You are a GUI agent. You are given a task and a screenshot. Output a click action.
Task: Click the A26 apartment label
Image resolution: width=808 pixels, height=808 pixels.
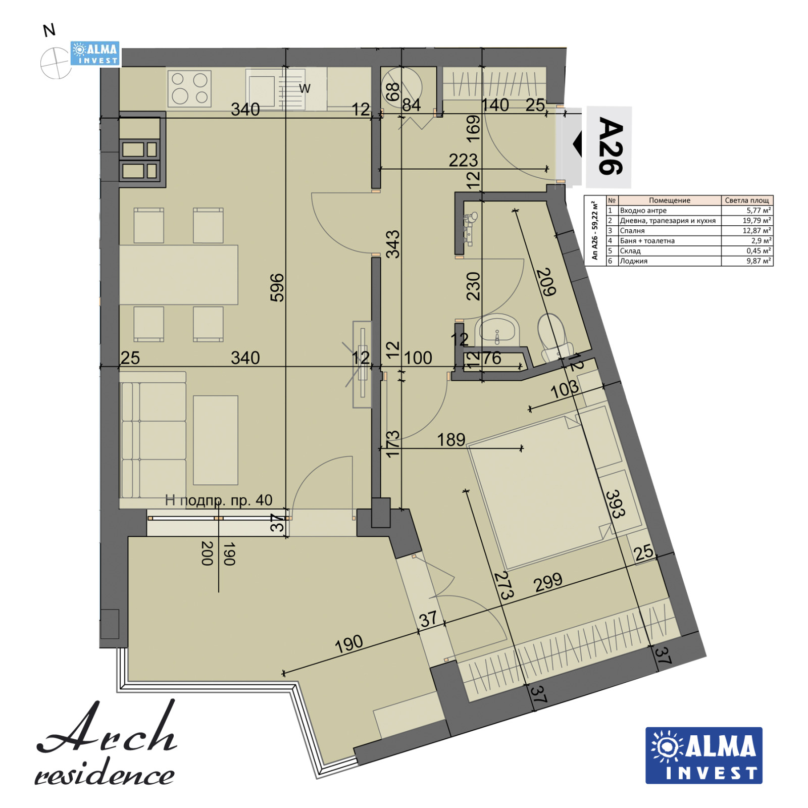(611, 146)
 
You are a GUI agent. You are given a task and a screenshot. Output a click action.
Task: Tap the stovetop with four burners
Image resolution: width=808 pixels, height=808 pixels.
(189, 88)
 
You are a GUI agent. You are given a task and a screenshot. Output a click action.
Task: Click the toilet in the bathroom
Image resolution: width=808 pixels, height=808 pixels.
(553, 336)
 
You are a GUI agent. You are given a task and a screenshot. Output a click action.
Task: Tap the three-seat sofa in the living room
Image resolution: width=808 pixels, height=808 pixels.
(153, 435)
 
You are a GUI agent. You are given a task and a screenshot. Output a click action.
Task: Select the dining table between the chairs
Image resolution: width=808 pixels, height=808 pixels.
(178, 275)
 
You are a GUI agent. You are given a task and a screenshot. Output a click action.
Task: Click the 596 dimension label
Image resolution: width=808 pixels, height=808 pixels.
(277, 287)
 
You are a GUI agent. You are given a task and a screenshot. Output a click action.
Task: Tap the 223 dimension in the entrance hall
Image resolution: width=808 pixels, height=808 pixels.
(463, 160)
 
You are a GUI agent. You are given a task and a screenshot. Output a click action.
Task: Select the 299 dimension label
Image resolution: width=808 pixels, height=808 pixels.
(548, 582)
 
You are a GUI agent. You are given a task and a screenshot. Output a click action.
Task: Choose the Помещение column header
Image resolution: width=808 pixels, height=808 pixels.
(670, 200)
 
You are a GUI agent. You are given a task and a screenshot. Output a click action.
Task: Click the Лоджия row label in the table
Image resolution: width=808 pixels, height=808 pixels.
(634, 261)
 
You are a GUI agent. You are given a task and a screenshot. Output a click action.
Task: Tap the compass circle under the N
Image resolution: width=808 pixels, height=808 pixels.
(56, 63)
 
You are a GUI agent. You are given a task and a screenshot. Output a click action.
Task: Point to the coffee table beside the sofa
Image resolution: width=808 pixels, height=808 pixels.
(216, 440)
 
